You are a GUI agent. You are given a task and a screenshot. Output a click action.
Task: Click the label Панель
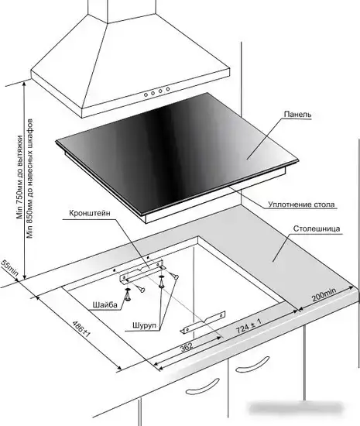tap(297, 115)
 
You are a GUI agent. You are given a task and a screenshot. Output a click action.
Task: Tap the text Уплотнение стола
tap(301, 204)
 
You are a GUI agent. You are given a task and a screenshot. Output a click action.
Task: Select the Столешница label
tap(317, 228)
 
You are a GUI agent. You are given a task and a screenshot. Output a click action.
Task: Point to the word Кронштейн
tap(90, 213)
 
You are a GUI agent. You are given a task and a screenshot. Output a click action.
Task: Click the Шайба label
tap(105, 305)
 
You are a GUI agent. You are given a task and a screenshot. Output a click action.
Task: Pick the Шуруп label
tap(145, 325)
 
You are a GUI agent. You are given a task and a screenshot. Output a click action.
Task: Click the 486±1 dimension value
tap(81, 329)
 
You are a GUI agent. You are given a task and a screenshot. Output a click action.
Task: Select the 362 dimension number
tap(187, 346)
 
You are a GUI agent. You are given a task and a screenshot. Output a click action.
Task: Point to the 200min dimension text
tap(324, 294)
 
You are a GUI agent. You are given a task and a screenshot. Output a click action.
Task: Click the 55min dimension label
tap(10, 268)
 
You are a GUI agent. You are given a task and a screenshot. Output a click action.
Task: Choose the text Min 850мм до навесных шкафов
tap(30, 178)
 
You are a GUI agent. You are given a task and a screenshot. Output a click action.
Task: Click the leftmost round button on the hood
tap(146, 94)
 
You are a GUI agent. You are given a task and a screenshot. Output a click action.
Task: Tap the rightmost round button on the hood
tap(168, 89)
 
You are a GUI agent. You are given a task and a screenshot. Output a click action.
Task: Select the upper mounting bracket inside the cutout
tap(142, 272)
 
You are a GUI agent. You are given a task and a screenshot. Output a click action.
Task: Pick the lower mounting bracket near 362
tap(203, 322)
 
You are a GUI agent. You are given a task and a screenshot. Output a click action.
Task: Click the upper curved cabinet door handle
tap(252, 365)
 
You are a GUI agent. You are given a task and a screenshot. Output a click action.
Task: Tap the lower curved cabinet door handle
tap(203, 386)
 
